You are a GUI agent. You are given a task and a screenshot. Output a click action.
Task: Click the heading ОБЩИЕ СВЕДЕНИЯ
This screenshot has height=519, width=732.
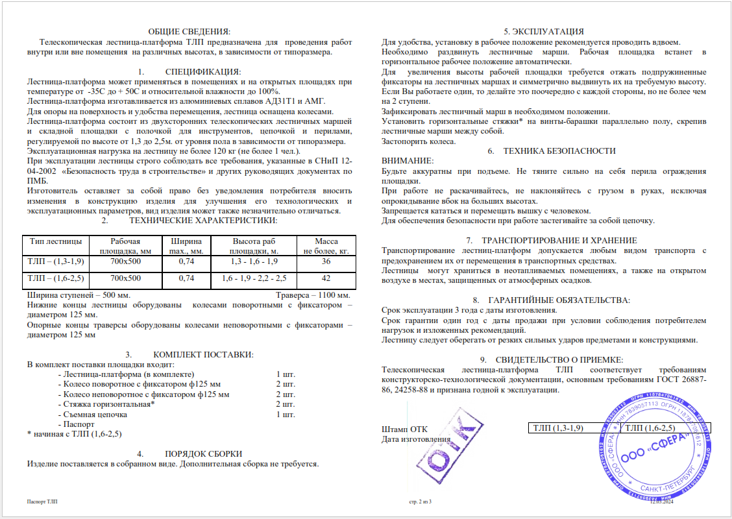click(189, 31)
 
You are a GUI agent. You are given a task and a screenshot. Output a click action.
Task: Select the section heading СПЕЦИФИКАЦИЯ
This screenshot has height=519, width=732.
click(202, 71)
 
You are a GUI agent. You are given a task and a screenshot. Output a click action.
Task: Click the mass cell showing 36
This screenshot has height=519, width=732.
click(326, 261)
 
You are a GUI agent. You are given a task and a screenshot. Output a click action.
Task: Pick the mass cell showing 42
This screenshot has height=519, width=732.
click(326, 278)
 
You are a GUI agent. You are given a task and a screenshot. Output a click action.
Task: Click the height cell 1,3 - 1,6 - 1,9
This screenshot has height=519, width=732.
click(254, 261)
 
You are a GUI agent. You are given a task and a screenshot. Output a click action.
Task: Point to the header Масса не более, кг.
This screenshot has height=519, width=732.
click(326, 245)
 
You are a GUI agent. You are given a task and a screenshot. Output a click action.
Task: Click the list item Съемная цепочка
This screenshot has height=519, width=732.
click(95, 414)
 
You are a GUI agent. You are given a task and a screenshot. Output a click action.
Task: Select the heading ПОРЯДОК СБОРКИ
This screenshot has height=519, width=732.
click(203, 453)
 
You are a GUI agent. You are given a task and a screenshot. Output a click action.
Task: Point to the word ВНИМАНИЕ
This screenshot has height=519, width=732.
click(407, 161)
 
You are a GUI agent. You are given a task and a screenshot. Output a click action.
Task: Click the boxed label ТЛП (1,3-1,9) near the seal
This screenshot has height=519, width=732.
click(557, 428)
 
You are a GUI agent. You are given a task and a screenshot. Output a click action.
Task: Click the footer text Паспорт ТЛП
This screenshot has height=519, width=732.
click(42, 502)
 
